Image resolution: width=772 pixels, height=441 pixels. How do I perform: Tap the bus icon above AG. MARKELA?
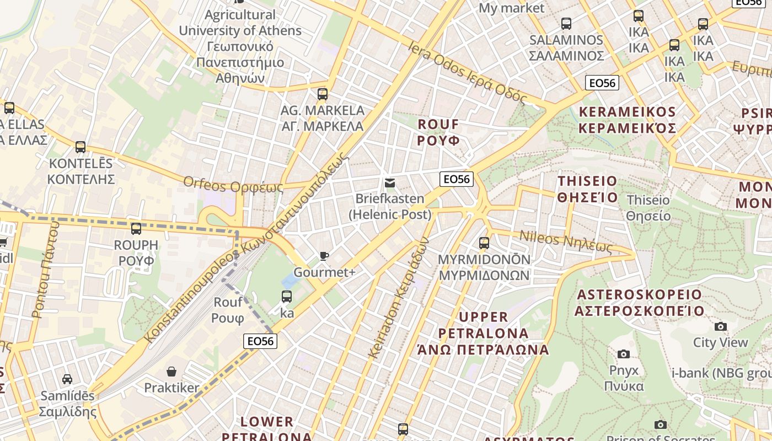[323, 94]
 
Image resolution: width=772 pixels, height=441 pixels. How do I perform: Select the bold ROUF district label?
[438, 132]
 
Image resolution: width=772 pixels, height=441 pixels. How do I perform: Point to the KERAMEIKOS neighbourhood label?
[627, 120]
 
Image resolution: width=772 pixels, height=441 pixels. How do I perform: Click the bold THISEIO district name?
[587, 189]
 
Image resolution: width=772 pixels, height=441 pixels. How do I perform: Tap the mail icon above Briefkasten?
[390, 182]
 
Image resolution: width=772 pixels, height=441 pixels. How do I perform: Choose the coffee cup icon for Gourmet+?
[324, 256]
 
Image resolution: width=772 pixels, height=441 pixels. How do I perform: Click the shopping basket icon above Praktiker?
[171, 372]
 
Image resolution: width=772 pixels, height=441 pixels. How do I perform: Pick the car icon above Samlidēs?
[67, 379]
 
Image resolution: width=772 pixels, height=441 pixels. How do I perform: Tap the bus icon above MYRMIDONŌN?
[484, 243]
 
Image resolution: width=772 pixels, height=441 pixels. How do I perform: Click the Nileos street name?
[566, 241]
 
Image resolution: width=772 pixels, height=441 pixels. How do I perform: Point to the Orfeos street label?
[233, 184]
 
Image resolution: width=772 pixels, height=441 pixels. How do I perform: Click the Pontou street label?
[46, 270]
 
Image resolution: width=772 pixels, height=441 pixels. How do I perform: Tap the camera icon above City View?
[720, 326]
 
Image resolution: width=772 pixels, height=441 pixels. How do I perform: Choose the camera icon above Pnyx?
[624, 354]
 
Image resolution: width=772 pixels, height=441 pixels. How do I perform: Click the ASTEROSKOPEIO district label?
[639, 303]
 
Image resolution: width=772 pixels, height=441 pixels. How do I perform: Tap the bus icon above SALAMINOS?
[566, 24]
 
